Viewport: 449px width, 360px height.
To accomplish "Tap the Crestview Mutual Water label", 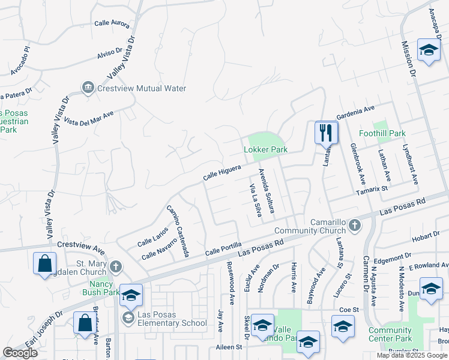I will point(142,88).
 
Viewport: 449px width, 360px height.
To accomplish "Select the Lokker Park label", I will point(265,149).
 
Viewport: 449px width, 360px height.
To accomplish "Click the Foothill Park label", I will point(382,133).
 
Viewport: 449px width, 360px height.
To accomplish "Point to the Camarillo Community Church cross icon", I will point(355,225).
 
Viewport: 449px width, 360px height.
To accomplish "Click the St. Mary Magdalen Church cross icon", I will point(115,266).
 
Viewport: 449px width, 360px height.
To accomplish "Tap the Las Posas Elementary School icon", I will point(127,317).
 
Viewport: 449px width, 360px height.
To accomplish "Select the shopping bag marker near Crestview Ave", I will point(45,263).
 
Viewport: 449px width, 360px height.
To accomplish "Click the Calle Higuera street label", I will point(222,173).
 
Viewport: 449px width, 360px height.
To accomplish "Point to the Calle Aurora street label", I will point(112,23).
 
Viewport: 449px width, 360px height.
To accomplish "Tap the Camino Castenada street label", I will point(178,231).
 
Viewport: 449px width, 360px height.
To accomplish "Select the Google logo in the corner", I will point(20,353).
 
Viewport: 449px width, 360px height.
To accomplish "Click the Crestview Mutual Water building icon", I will point(88,88).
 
